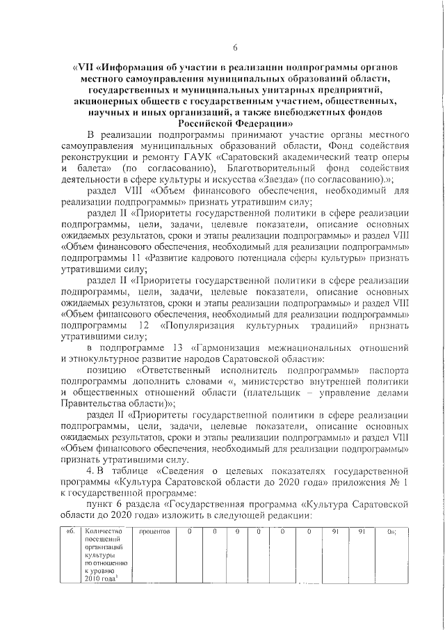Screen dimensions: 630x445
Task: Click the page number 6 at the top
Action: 235,47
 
